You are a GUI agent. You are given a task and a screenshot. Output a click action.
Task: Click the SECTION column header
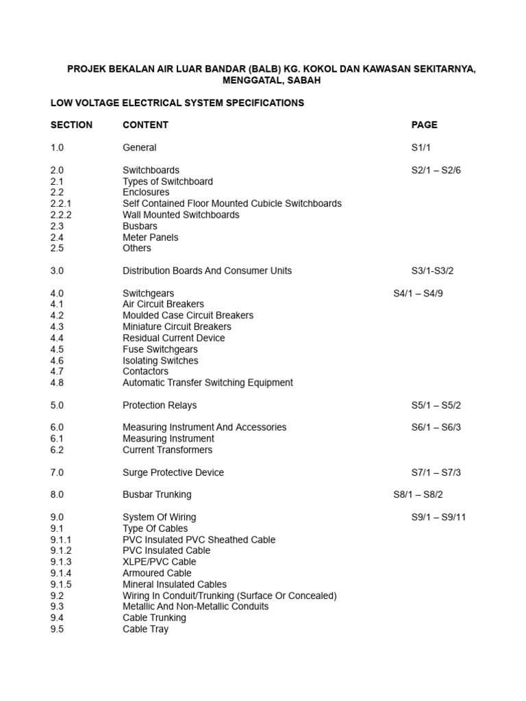tap(71, 125)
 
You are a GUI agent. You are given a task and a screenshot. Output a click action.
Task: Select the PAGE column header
tap(424, 125)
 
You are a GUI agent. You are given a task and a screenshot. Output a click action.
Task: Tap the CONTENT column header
tap(145, 125)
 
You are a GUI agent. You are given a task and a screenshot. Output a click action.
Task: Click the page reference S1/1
tap(421, 148)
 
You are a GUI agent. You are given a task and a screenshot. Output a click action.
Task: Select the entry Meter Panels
tap(151, 238)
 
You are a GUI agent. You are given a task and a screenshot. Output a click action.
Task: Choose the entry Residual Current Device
tap(174, 338)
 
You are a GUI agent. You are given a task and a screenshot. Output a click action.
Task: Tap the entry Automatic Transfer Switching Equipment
tap(208, 383)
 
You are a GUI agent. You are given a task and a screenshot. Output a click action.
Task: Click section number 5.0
tap(57, 405)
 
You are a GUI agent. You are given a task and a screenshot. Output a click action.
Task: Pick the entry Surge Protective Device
tap(173, 473)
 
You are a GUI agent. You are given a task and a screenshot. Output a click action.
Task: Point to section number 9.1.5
tap(61, 585)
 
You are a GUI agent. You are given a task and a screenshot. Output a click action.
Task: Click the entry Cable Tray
tap(145, 629)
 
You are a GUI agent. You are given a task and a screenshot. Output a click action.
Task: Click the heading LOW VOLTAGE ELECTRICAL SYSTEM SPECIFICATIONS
tap(177, 103)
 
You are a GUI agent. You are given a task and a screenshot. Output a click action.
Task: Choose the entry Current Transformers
tap(168, 450)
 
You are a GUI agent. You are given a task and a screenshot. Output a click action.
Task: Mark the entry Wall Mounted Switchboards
tap(181, 215)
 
